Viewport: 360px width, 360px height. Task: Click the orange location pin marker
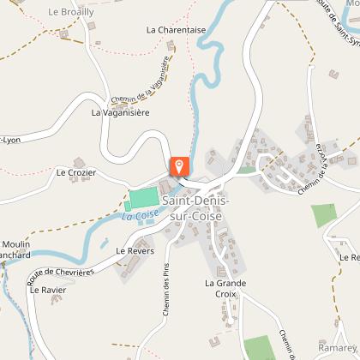[180, 166]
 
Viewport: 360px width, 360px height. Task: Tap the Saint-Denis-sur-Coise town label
[195, 207]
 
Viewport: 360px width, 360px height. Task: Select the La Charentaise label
[176, 29]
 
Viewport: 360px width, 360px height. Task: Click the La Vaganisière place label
[121, 111]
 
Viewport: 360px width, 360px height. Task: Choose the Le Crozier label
[75, 172]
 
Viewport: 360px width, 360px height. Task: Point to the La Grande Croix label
[225, 287]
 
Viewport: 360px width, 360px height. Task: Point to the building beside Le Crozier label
[80, 160]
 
